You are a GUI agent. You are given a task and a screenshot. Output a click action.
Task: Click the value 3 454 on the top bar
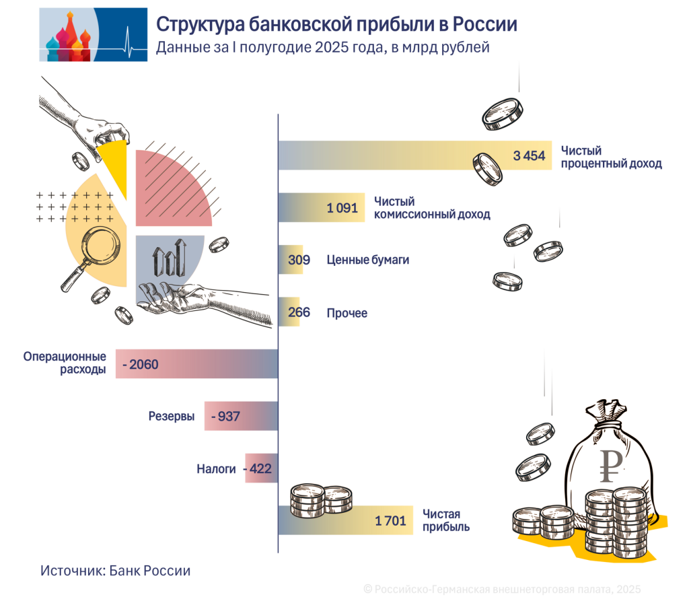528,156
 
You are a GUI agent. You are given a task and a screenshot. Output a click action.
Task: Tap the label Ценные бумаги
367,260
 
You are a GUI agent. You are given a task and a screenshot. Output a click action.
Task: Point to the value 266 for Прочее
298,312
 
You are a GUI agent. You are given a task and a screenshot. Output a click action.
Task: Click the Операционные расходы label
65,363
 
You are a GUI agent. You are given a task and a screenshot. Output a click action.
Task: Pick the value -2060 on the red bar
140,365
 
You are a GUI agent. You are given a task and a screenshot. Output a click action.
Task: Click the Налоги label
216,468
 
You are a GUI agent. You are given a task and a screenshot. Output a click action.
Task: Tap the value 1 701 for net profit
390,520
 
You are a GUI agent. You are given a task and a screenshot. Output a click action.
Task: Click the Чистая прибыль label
446,520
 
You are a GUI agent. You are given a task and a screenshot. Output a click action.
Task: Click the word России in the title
484,25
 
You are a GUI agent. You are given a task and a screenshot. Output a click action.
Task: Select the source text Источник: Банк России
115,570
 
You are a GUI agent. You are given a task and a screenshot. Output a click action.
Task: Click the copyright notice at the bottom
502,588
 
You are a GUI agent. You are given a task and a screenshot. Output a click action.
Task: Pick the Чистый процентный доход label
611,157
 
